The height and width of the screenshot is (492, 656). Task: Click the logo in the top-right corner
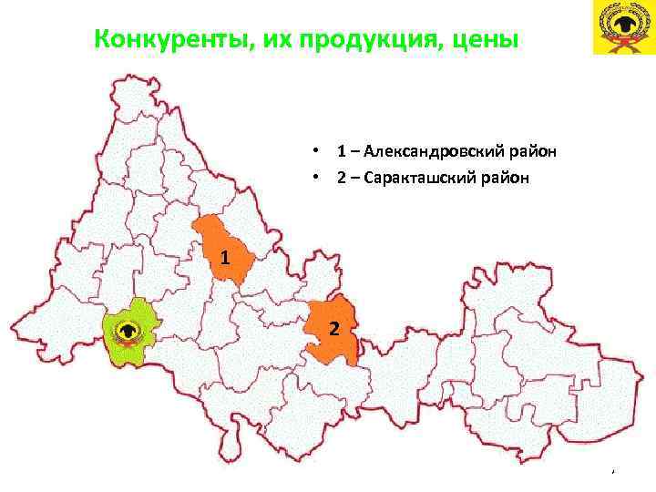click(623, 28)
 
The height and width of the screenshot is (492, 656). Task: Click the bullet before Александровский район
click(313, 150)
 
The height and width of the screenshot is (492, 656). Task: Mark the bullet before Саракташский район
click(313, 178)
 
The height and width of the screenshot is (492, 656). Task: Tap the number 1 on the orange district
click(224, 258)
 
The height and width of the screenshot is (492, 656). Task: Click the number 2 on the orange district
click(333, 328)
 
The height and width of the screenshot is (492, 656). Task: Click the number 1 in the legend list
click(340, 150)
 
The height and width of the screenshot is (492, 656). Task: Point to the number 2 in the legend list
click(340, 178)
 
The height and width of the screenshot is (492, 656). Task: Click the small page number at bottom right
click(613, 470)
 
